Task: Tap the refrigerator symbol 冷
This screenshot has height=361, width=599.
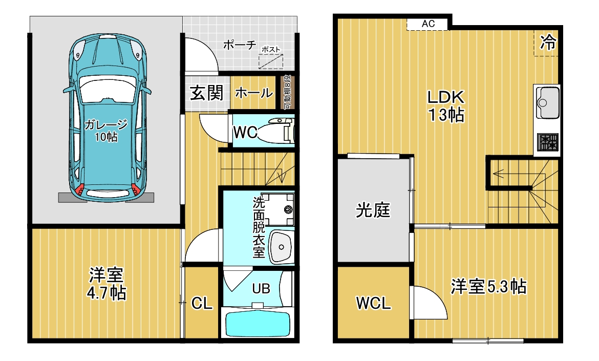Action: tap(548, 42)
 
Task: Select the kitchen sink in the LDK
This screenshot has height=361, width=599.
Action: tap(547, 98)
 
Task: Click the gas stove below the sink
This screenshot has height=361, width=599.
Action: tap(546, 142)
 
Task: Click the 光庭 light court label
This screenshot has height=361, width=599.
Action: tap(373, 210)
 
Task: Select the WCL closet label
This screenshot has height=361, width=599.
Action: tap(374, 303)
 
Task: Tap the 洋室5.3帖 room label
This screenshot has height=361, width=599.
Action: tap(488, 287)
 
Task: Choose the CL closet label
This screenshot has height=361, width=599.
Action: tap(202, 303)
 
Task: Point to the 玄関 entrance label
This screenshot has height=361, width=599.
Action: tap(207, 93)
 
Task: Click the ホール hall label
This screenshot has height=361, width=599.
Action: tap(253, 93)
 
